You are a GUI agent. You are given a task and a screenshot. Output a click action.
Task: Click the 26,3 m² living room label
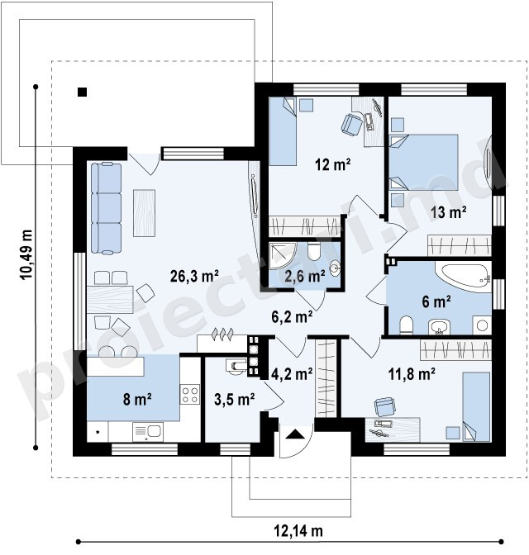click(194, 276)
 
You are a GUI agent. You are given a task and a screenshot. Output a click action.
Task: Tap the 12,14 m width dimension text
click(298, 531)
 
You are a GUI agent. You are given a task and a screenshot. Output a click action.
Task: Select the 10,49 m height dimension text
click(26, 255)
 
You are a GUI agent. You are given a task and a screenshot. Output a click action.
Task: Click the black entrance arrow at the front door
click(294, 434)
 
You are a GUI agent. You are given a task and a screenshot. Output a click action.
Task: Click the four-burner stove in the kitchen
click(190, 395)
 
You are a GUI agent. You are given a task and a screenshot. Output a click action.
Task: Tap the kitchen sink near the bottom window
click(148, 431)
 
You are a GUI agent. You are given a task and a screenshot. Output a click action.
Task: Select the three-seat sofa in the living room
click(106, 208)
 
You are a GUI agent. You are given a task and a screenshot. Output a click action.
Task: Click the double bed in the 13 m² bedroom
click(424, 163)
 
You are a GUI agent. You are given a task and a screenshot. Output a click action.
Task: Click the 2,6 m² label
click(305, 276)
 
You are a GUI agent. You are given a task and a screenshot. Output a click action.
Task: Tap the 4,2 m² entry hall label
click(292, 374)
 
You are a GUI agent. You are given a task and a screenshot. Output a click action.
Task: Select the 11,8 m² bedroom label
click(412, 374)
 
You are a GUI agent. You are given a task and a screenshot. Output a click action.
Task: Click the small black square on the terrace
click(82, 92)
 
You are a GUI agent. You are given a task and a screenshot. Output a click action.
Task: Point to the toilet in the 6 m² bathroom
click(406, 325)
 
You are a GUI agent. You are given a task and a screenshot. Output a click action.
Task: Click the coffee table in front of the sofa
click(144, 213)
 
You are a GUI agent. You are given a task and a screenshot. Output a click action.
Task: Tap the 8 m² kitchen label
click(137, 399)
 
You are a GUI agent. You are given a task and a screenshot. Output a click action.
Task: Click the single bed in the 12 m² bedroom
click(283, 131)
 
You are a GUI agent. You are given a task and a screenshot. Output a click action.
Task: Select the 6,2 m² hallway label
click(292, 317)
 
